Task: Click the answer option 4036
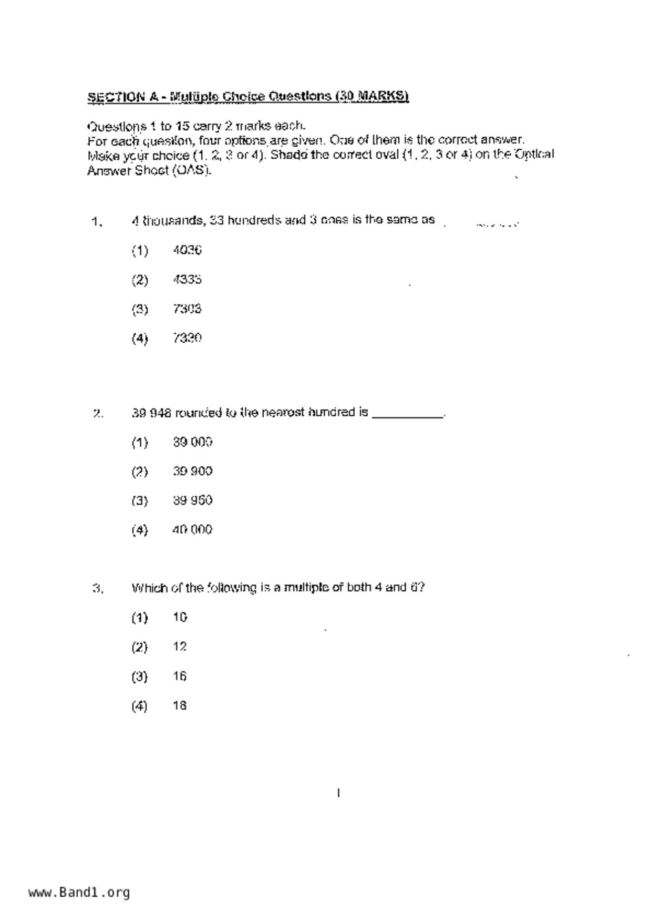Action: pyautogui.click(x=187, y=250)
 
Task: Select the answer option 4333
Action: pyautogui.click(x=187, y=280)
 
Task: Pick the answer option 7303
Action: pyautogui.click(x=187, y=309)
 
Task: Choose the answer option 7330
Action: pyautogui.click(x=187, y=338)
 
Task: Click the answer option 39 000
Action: pyautogui.click(x=192, y=443)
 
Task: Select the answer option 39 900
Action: pyautogui.click(x=192, y=472)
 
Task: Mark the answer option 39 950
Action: pyautogui.click(x=192, y=500)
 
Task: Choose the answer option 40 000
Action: pyautogui.click(x=192, y=530)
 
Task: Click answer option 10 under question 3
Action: pyautogui.click(x=180, y=618)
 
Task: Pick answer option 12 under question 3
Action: pyautogui.click(x=180, y=647)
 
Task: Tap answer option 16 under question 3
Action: pyautogui.click(x=180, y=677)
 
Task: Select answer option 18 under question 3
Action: pyautogui.click(x=180, y=706)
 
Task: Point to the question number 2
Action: pyautogui.click(x=98, y=414)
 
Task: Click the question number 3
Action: pyautogui.click(x=98, y=589)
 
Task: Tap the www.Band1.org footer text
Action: pyautogui.click(x=79, y=893)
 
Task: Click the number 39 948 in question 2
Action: pyautogui.click(x=151, y=413)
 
